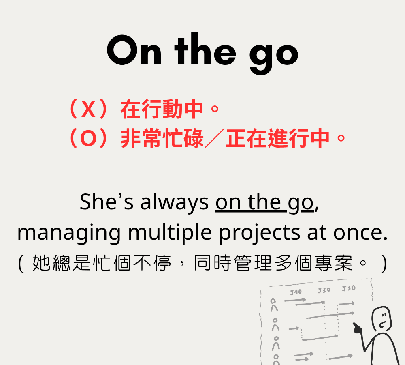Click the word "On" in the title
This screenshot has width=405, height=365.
pyautogui.click(x=134, y=50)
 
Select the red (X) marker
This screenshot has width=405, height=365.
pyautogui.click(x=88, y=109)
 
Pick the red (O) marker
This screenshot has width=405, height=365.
pyautogui.click(x=88, y=138)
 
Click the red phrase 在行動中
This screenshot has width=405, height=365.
pyautogui.click(x=162, y=109)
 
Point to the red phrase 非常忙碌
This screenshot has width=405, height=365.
pyautogui.click(x=162, y=138)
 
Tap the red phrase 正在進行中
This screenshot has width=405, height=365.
pyautogui.click(x=278, y=138)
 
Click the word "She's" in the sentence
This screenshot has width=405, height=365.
pyautogui.click(x=107, y=202)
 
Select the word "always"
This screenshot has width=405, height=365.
pyautogui.click(x=174, y=203)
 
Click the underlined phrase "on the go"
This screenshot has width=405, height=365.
pyautogui.click(x=264, y=203)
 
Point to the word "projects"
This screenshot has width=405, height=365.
pyautogui.click(x=260, y=233)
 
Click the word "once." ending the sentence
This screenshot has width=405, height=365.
pyautogui.click(x=360, y=233)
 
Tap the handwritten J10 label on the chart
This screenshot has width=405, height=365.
pyautogui.click(x=296, y=292)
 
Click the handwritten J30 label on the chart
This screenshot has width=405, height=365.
pyautogui.click(x=324, y=290)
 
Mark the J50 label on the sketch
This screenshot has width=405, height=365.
pyautogui.click(x=349, y=288)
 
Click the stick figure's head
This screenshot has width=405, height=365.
pyautogui.click(x=382, y=319)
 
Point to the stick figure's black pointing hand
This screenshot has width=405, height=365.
pyautogui.click(x=358, y=328)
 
